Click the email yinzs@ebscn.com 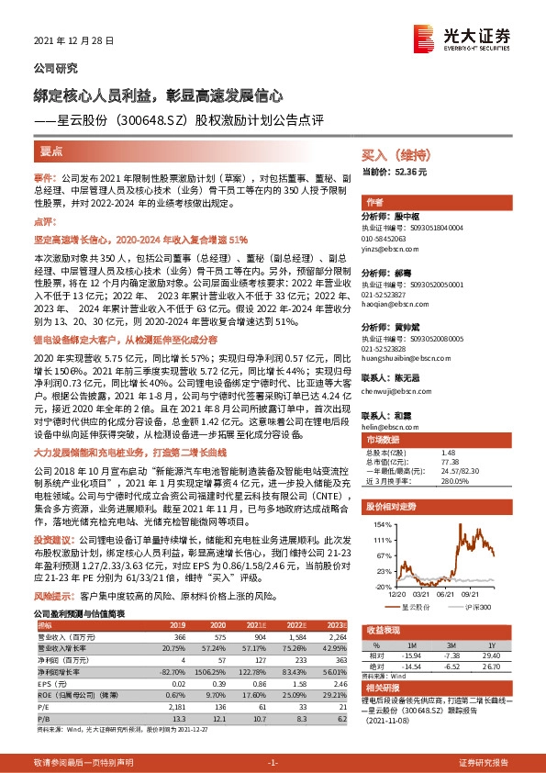pyautogui.click(x=390, y=249)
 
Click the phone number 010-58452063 pyautogui.click(x=390, y=238)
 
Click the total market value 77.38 pyautogui.click(x=449, y=463)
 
